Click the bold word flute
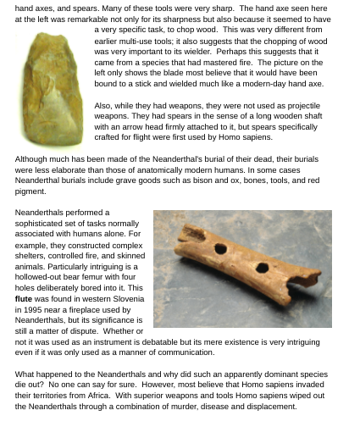coord(23,299)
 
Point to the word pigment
coord(31,190)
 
